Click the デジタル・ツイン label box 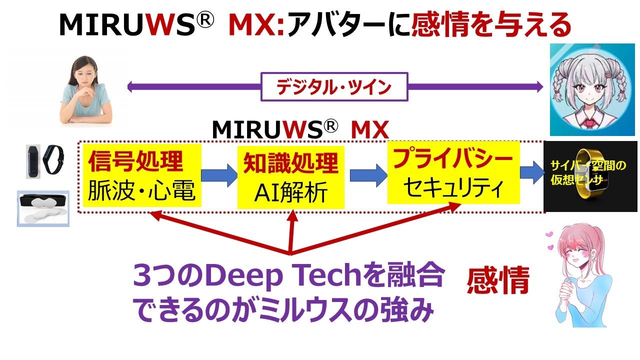click(x=334, y=87)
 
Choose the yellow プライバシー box click(x=453, y=172)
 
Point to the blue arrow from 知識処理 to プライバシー click(x=368, y=175)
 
